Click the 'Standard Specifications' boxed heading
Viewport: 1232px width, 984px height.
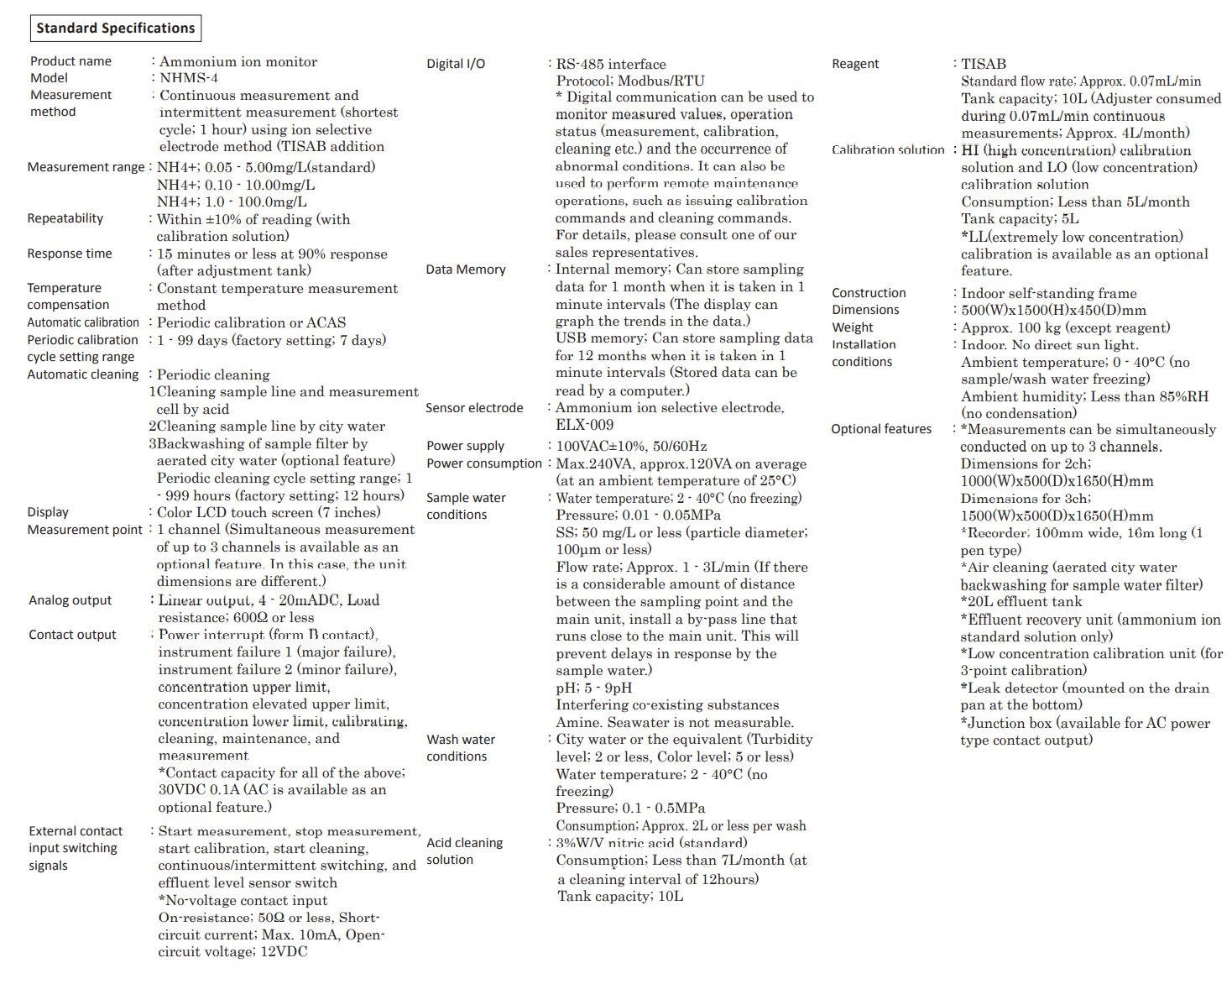[116, 28]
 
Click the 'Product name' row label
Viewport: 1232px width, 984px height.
[70, 61]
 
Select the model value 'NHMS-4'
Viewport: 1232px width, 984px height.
[189, 78]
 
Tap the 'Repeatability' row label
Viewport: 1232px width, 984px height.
[65, 218]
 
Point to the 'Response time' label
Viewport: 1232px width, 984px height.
[70, 254]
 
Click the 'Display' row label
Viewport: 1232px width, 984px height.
[48, 512]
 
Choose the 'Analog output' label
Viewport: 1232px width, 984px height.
[70, 600]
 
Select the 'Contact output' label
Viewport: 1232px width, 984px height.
[72, 635]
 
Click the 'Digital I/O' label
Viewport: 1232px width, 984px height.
[456, 64]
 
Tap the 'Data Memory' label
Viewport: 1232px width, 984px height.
[466, 270]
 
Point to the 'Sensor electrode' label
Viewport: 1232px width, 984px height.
[474, 408]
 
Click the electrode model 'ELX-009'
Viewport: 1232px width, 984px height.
[585, 425]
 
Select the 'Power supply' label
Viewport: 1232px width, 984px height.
[466, 446]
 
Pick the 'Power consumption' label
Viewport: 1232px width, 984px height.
[484, 463]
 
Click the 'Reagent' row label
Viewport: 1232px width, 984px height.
[855, 64]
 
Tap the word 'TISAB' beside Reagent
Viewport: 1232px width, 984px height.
[984, 64]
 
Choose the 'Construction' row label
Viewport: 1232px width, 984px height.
[869, 293]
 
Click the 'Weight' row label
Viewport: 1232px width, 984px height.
[853, 327]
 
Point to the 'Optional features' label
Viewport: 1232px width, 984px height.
[881, 429]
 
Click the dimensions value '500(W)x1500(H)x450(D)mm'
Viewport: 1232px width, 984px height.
[1053, 310]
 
